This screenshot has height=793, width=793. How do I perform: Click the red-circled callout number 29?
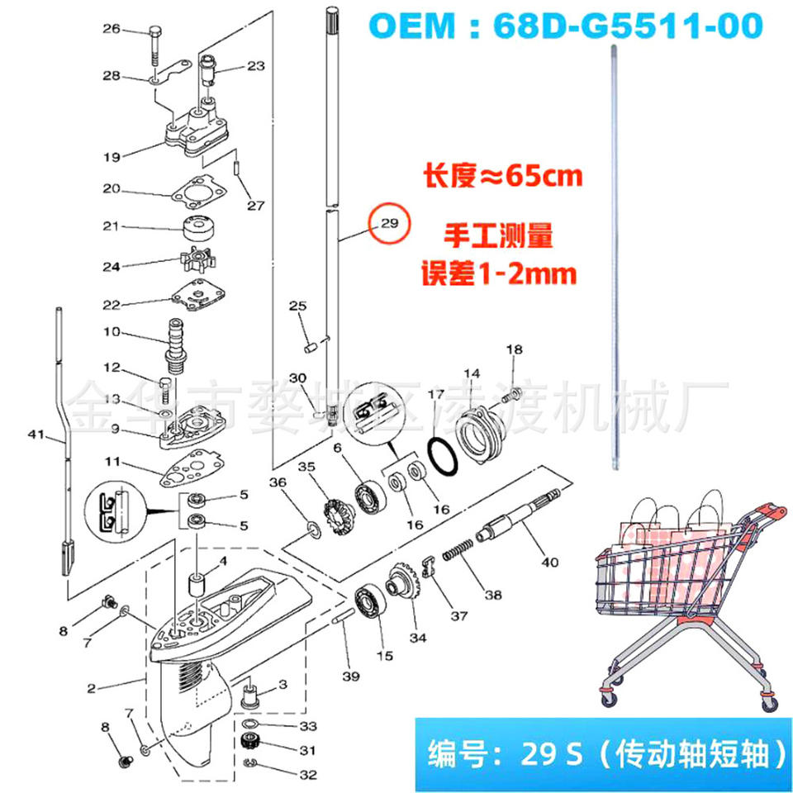coord(389,223)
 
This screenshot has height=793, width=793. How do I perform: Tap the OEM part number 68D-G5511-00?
coord(628,26)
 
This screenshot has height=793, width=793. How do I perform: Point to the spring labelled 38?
coord(458,549)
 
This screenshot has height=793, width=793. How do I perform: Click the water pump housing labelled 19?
coord(197,129)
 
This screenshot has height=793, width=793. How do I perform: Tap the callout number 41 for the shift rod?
coord(36,434)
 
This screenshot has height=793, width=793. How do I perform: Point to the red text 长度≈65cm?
coord(503,177)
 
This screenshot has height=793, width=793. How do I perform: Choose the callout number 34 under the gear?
coord(418,638)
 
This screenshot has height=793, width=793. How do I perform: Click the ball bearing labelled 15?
coord(369,602)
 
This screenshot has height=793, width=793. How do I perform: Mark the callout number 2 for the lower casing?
coord(91,688)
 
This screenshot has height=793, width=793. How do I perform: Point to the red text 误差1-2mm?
coord(499,273)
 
